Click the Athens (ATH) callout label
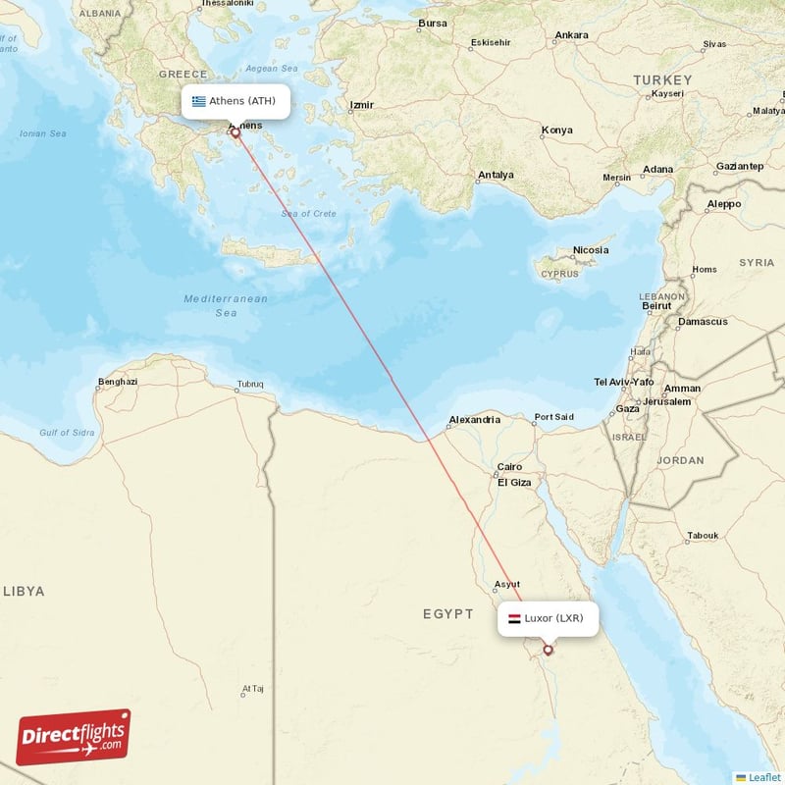click(235, 101)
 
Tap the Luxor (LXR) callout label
click(548, 618)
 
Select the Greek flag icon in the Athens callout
click(199, 101)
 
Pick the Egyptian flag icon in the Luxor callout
click(514, 618)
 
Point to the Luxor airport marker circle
click(548, 649)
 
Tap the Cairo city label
click(510, 467)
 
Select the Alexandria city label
click(474, 420)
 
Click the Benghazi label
click(118, 382)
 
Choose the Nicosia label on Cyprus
click(591, 250)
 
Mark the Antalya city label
click(496, 176)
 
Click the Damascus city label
click(704, 322)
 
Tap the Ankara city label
click(571, 35)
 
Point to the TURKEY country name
click(662, 79)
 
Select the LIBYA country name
click(25, 591)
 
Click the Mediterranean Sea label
click(226, 305)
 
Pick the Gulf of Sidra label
click(68, 433)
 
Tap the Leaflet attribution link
click(763, 776)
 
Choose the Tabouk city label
click(703, 536)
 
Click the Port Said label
click(553, 417)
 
